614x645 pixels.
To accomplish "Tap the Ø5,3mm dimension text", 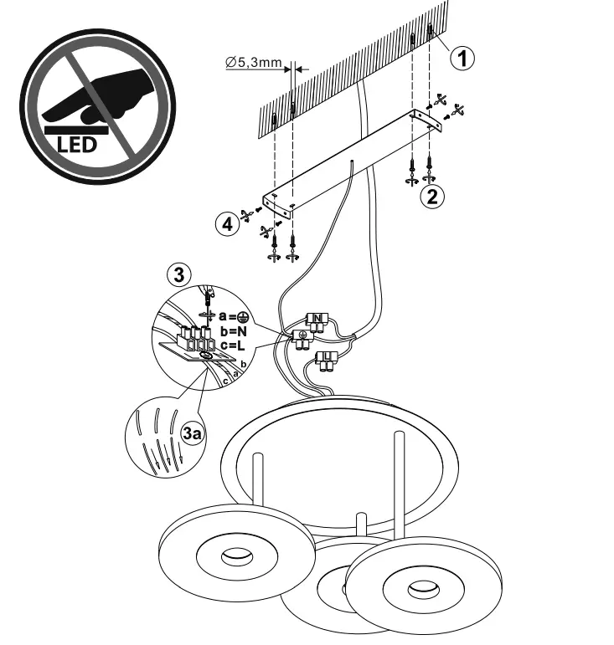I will point(254,61).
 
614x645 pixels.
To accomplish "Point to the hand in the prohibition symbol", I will point(84,94).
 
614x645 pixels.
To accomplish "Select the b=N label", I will point(235,331).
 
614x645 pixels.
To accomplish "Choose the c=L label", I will point(235,346).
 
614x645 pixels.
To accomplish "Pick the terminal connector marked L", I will point(326,361).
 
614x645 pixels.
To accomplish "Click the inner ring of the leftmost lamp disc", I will point(230,559).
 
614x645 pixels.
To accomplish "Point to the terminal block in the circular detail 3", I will point(193,338).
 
